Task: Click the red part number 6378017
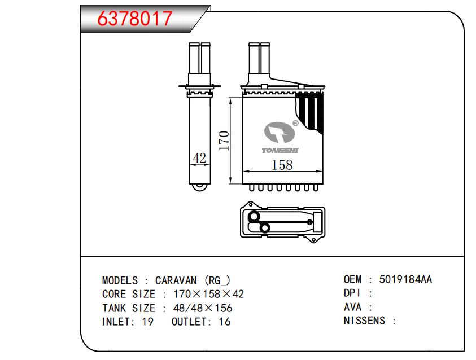134,18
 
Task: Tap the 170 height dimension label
224,141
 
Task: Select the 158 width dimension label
282,165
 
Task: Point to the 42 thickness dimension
199,158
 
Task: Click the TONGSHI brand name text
280,151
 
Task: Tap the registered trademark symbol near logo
295,123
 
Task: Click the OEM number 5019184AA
405,279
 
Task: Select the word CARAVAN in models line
176,280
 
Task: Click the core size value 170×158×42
208,294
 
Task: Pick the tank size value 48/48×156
203,308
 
